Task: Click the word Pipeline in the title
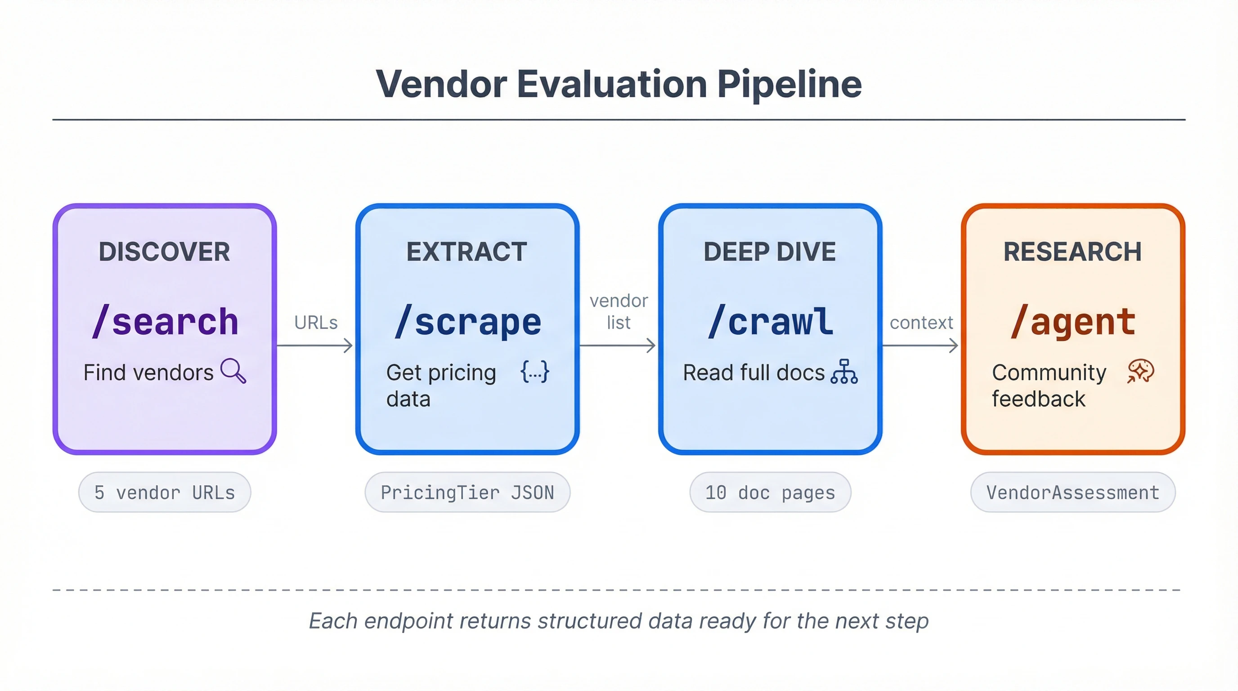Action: click(789, 85)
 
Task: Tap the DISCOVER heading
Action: click(164, 252)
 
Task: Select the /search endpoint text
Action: click(166, 322)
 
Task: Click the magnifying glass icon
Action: click(233, 371)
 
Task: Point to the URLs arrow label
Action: click(316, 323)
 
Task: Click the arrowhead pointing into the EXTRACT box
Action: click(349, 345)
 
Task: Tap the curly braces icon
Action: click(535, 372)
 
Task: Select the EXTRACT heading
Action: click(466, 252)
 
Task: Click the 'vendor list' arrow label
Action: click(619, 311)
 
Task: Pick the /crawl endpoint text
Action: click(771, 322)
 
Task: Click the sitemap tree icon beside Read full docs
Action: click(844, 372)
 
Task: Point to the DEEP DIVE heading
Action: click(769, 252)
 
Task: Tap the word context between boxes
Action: click(921, 323)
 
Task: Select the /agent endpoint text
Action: click(1073, 322)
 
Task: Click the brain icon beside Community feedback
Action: click(1140, 372)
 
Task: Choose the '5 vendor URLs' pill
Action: click(164, 492)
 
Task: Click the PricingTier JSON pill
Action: click(467, 492)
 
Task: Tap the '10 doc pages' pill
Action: click(770, 492)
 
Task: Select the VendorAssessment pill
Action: click(1072, 492)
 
